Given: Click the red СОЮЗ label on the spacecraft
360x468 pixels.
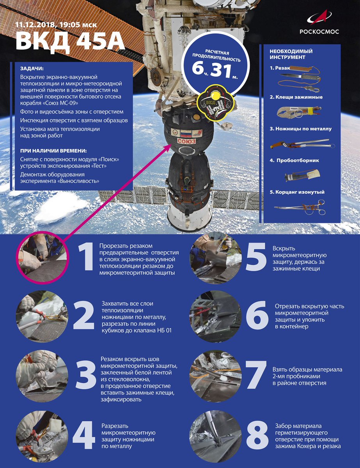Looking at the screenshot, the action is [186, 141].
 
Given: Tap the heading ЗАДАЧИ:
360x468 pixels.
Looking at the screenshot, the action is [32, 69].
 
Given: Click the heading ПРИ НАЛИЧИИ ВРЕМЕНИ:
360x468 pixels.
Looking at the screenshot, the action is [55, 151].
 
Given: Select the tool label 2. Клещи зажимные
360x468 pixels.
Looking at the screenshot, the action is [296, 97].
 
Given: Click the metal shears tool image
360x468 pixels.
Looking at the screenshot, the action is [302, 144].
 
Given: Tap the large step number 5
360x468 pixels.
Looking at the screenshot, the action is [256, 257].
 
